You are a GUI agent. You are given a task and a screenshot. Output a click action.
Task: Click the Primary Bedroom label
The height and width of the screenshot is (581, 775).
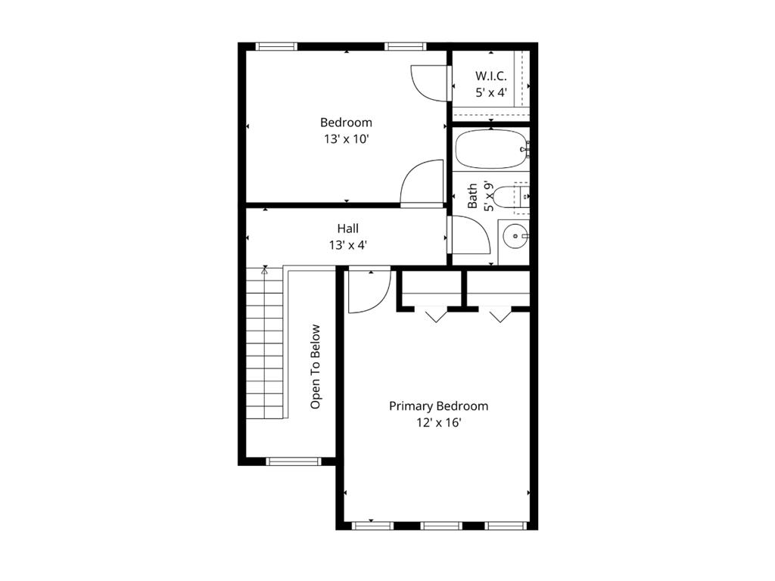click(438, 406)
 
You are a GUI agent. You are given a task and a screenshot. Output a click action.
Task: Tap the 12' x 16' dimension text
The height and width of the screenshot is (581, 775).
click(438, 424)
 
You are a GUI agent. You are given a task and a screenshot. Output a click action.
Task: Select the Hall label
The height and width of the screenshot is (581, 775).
click(348, 228)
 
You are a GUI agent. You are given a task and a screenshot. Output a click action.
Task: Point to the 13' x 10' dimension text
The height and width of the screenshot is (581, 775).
click(346, 139)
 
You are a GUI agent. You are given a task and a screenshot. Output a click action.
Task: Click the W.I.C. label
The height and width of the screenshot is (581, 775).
click(490, 76)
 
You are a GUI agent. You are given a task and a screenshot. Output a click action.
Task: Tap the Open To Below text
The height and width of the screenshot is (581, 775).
click(316, 367)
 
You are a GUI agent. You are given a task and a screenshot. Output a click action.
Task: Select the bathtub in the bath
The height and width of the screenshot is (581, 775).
click(490, 150)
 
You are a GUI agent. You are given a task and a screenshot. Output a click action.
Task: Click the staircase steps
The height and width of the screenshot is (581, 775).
click(264, 344)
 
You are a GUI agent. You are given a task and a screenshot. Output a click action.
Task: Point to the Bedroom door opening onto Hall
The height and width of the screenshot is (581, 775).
click(422, 183)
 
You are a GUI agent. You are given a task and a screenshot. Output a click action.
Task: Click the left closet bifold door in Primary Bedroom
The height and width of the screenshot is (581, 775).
click(435, 314)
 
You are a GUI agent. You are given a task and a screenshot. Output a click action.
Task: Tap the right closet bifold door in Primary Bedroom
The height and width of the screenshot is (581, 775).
click(500, 314)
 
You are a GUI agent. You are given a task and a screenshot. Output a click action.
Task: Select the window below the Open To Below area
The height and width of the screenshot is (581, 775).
click(294, 461)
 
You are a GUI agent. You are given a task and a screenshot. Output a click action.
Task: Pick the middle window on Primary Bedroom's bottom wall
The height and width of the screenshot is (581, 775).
click(440, 525)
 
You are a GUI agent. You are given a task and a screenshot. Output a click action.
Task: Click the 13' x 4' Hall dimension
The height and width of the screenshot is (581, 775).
click(348, 244)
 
